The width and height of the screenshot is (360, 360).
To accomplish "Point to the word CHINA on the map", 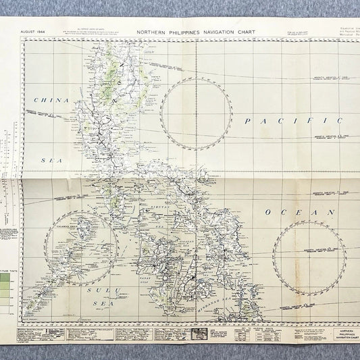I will click(x=48, y=101).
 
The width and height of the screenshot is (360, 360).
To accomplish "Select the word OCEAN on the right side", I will click(x=300, y=212).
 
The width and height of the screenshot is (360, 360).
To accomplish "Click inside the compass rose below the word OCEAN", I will click(x=311, y=256).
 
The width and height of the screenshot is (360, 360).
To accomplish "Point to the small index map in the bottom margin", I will click(x=201, y=333).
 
